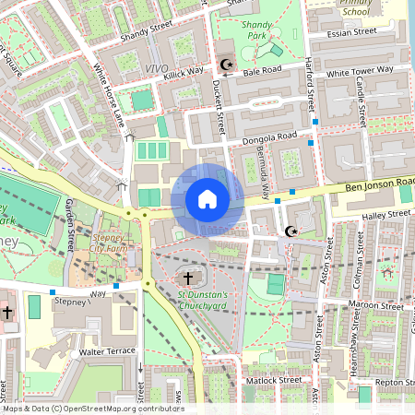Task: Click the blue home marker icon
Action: coord(207,199)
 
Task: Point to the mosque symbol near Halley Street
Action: coord(292,231)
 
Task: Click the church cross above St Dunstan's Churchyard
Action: coord(188,278)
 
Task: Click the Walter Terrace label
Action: coord(107,350)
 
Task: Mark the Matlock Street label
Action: coord(273,379)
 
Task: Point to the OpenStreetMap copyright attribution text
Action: coord(92,409)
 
